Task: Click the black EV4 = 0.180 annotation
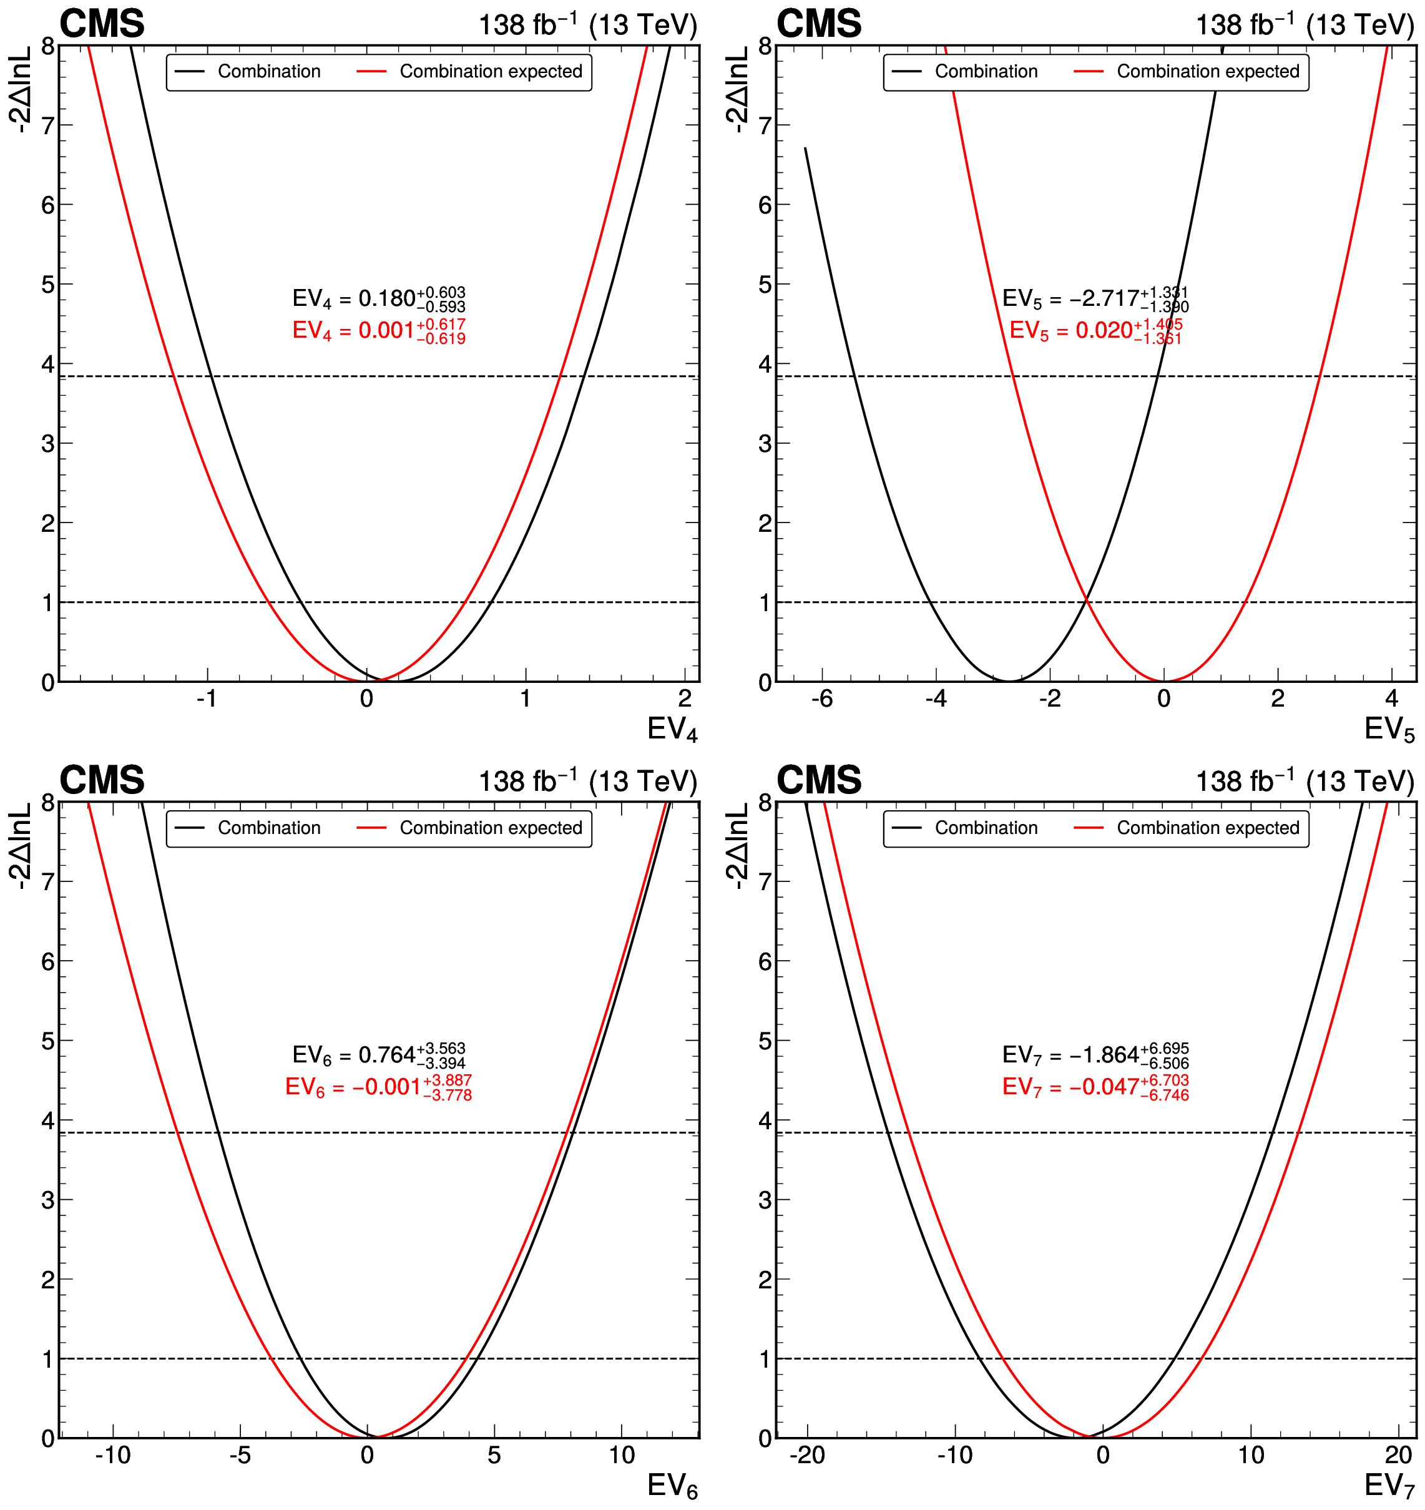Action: [x=378, y=298]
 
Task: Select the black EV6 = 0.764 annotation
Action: [x=378, y=1055]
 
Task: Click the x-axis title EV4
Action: [x=672, y=729]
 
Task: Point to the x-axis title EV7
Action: [x=1389, y=1486]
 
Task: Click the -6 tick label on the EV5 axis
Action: [x=822, y=699]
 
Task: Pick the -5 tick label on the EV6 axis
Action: [x=240, y=1455]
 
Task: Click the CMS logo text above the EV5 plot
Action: [x=819, y=24]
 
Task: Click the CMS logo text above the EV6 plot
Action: [x=102, y=780]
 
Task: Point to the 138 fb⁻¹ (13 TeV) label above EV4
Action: [x=587, y=25]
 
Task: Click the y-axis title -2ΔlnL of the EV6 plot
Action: [x=21, y=846]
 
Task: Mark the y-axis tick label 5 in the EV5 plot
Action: [x=765, y=284]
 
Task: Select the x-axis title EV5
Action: [x=1389, y=729]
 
